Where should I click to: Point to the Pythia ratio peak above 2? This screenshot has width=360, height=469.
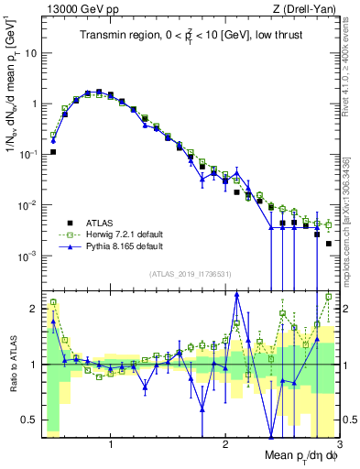tap(237, 294)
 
